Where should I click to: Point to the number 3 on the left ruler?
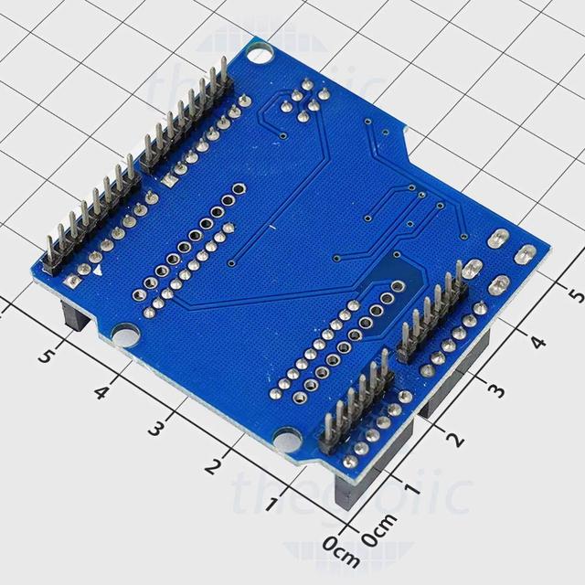point(157,428)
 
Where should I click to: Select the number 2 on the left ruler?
point(213,465)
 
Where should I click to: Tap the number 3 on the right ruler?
point(496,391)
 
